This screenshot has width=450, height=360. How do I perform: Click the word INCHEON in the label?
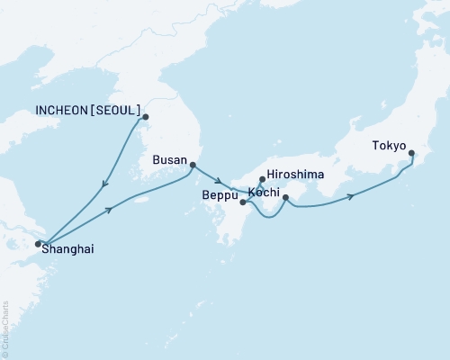pos(62,111)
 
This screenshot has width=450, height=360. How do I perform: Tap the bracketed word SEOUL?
pos(117,111)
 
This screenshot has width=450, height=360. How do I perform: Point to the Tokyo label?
pos(389,147)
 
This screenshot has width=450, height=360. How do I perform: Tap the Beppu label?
pos(220,195)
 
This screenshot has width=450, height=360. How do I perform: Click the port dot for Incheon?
pos(145,116)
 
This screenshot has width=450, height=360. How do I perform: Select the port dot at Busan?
pos(192,164)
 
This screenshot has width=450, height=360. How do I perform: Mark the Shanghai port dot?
pos(38,243)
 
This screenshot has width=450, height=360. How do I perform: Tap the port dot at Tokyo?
pos(411,154)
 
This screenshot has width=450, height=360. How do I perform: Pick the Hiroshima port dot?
pos(262,179)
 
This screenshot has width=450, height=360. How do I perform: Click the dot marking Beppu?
pos(243,202)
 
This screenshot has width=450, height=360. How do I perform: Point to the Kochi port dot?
pos(285,197)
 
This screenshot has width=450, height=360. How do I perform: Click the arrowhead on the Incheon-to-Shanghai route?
pos(106,184)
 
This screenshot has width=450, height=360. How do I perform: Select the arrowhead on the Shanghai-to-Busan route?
pos(111,210)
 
